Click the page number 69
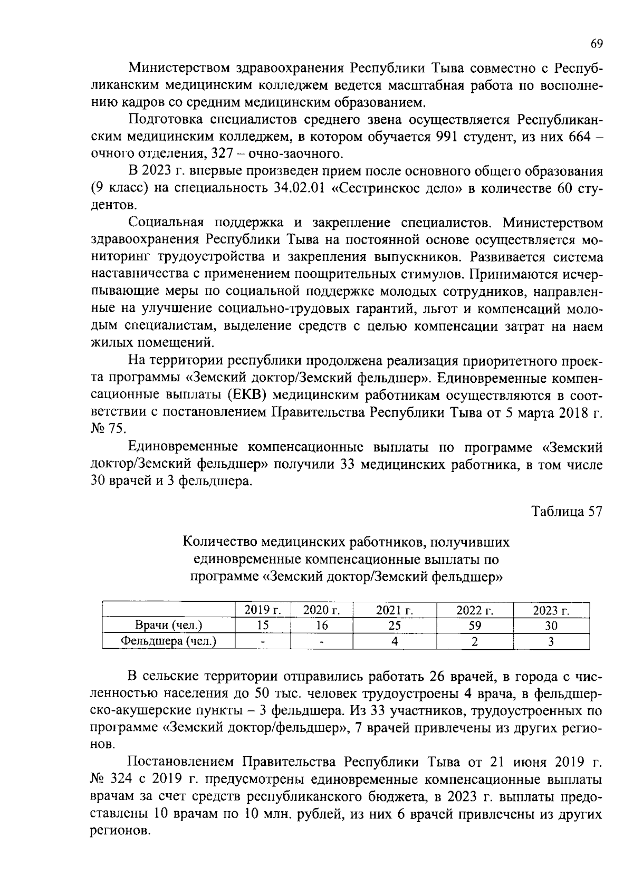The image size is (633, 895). click(596, 44)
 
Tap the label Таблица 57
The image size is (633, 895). click(566, 512)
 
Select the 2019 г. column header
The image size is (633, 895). click(262, 610)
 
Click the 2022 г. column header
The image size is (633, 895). click(474, 610)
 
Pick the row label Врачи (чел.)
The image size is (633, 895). click(169, 625)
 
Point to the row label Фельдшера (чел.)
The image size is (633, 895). click(169, 641)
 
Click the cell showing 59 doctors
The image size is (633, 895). click(474, 625)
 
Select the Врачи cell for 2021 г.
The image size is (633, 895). click(394, 625)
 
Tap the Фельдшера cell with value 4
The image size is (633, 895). click(394, 641)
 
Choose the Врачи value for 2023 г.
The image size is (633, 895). click(551, 625)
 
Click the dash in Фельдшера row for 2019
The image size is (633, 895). click(262, 642)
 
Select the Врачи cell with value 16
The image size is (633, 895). click(321, 625)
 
